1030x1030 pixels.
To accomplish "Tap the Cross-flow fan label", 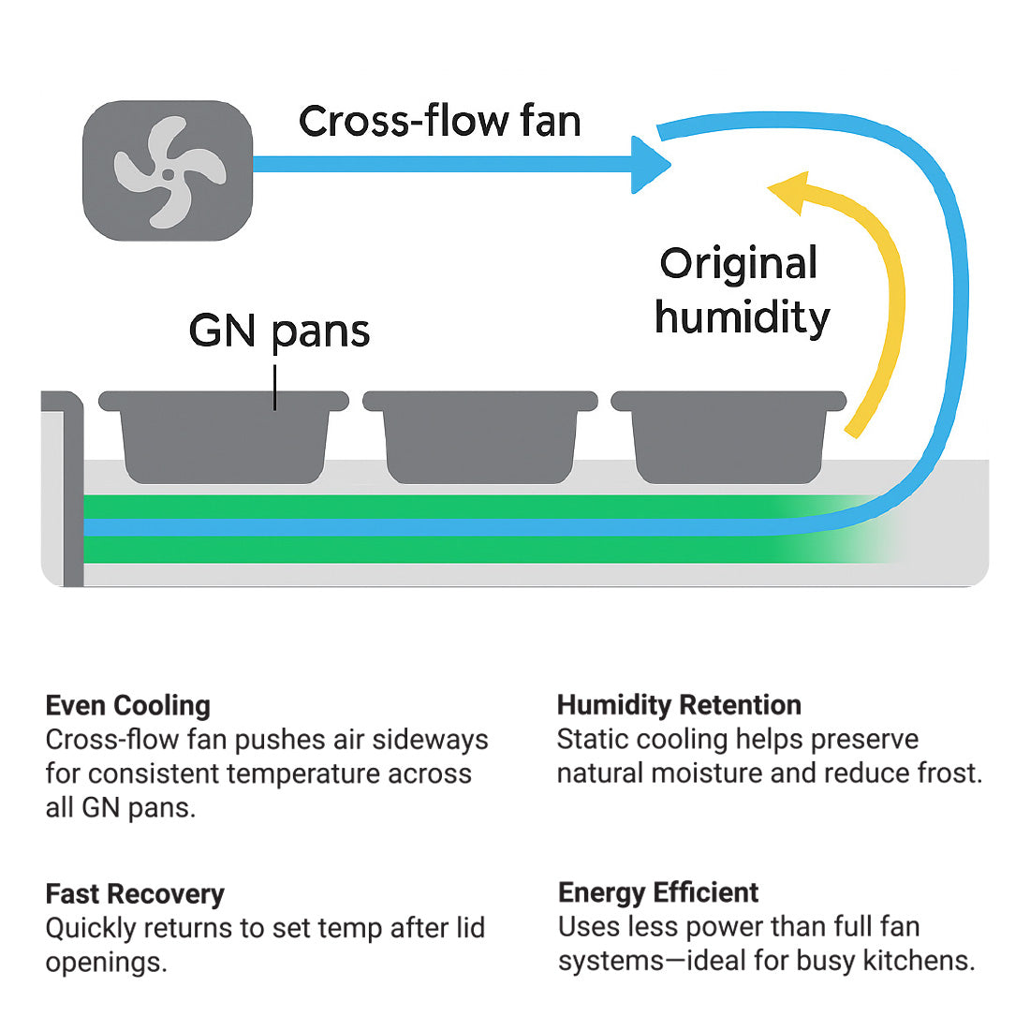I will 439,122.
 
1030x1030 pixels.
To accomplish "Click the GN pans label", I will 279,331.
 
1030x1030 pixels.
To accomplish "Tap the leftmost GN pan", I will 224,438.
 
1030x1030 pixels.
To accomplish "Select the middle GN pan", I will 479,438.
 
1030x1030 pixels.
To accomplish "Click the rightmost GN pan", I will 728,438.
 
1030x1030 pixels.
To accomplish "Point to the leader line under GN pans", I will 275,388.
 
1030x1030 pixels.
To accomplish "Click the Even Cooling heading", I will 127,705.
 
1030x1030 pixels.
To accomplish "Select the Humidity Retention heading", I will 679,704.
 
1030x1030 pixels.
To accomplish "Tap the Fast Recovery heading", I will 135,893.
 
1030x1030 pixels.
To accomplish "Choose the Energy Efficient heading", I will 658,891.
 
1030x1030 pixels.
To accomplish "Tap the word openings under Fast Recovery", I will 106,963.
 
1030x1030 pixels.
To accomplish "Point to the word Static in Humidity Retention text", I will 592,740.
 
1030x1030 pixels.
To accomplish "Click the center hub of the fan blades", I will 168,174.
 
